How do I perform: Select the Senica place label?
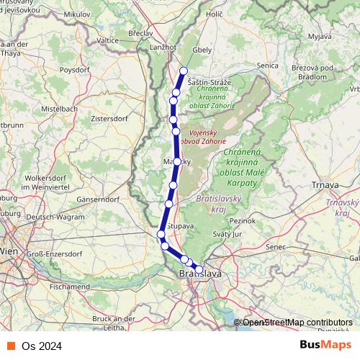pos(268,65)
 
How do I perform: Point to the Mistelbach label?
pos(59,109)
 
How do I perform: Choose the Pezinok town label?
pos(243,217)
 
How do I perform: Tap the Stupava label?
pos(180,226)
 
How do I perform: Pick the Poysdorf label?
pos(78,71)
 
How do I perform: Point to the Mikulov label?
pos(78,14)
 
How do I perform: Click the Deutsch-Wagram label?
pos(53,217)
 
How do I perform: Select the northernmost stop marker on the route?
pos(184,71)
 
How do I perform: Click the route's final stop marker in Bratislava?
pos(199,270)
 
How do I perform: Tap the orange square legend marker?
pos(11,345)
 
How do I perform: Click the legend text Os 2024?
pos(42,346)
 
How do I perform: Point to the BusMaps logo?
pos(325,345)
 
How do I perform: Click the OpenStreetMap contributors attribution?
pos(297,323)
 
